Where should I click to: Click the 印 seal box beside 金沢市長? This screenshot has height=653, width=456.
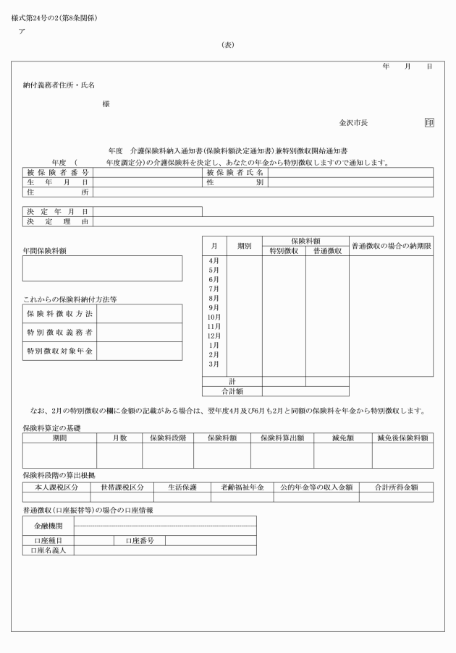[429, 123]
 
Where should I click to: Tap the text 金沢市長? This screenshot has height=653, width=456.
[353, 124]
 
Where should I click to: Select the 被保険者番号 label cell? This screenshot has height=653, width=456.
[58, 173]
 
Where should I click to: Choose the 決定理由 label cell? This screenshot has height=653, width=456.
[58, 221]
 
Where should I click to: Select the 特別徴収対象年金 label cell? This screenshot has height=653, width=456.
[60, 351]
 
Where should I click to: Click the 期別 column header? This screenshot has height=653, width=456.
[244, 246]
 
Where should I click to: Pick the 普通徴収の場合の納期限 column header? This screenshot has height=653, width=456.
[391, 246]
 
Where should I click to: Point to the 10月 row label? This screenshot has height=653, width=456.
[214, 317]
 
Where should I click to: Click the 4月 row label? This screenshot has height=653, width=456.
[214, 260]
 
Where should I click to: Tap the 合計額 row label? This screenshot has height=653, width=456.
[231, 391]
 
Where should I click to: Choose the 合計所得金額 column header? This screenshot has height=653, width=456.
[396, 487]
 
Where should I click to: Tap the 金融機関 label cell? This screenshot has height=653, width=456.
[48, 526]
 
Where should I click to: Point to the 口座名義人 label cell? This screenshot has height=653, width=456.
[48, 550]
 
